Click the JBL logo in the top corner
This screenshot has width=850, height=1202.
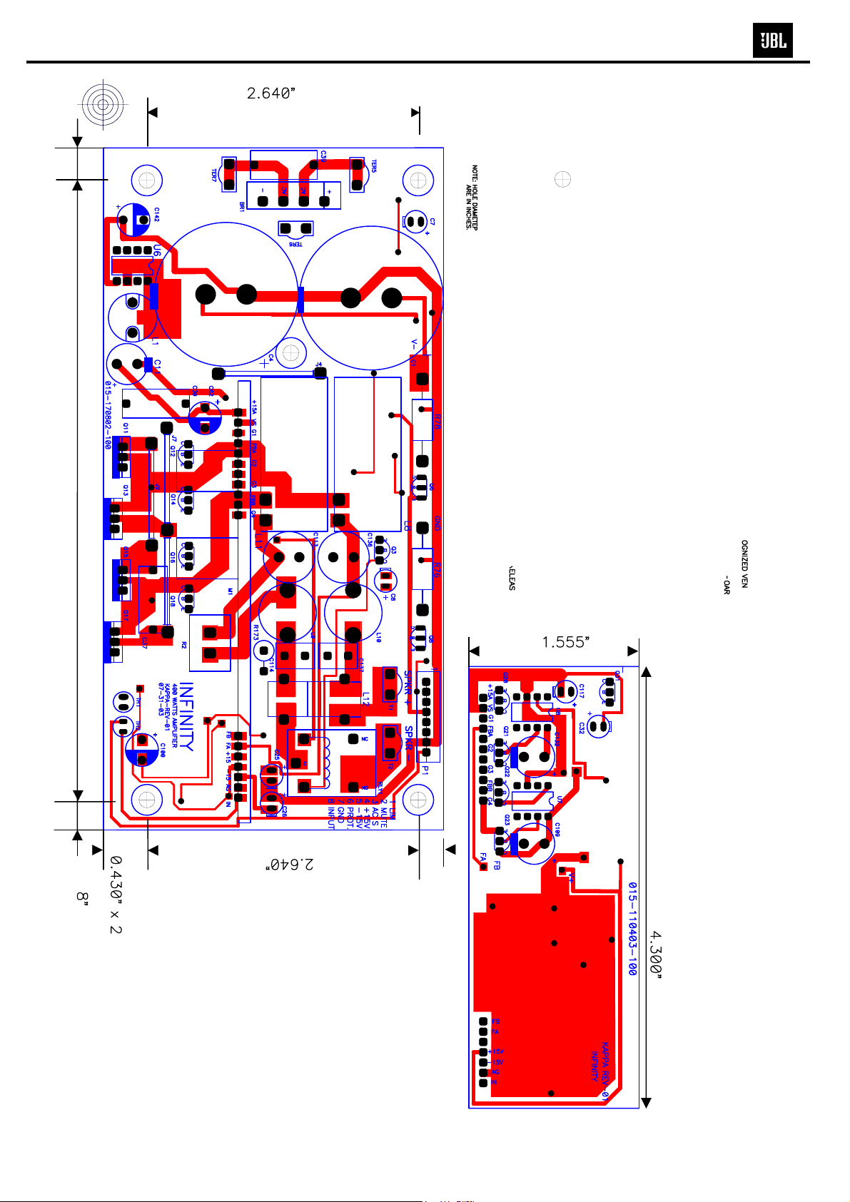(772, 41)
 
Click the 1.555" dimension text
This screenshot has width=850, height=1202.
(565, 642)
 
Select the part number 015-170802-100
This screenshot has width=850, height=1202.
(108, 414)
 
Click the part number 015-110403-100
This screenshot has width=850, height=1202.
(632, 928)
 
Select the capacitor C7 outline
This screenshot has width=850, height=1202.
(415, 222)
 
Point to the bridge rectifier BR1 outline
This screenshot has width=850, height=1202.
(293, 195)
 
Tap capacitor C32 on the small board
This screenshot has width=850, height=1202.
(598, 726)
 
